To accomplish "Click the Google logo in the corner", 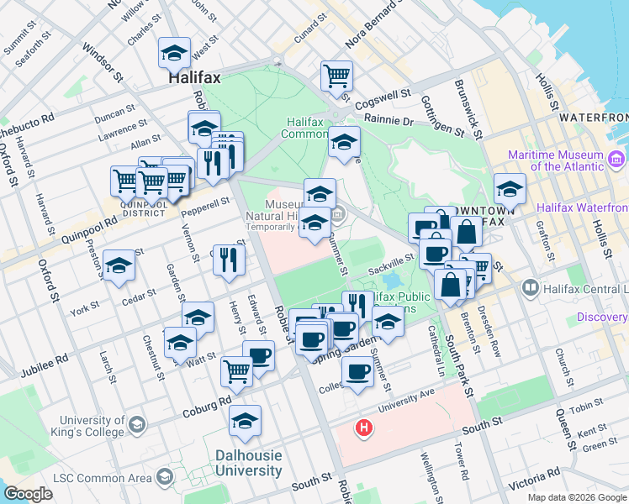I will (x=28, y=494).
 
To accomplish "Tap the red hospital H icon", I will (x=363, y=428).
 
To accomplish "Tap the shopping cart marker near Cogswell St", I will (x=336, y=76).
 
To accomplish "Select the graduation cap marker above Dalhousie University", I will (x=245, y=420).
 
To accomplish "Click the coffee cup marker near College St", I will (x=357, y=370).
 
